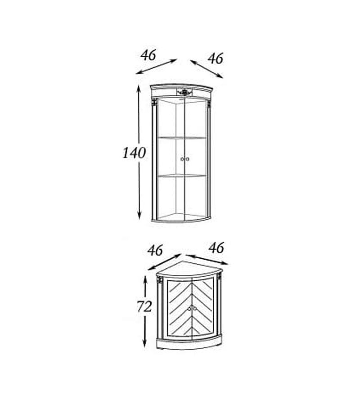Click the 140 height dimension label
pyautogui.click(x=134, y=153)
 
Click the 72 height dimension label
pyautogui.click(x=144, y=306)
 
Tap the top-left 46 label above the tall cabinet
pyautogui.click(x=148, y=55)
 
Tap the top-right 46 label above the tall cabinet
pyautogui.click(x=216, y=58)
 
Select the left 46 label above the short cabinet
pyautogui.click(x=155, y=250)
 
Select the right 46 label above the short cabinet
pyautogui.click(x=216, y=248)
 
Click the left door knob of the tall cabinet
pyautogui.click(x=182, y=159)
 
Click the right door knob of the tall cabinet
pyautogui.click(x=188, y=159)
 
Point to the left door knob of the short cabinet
pyautogui.click(x=189, y=308)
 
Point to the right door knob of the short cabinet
pyautogui.click(x=194, y=308)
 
